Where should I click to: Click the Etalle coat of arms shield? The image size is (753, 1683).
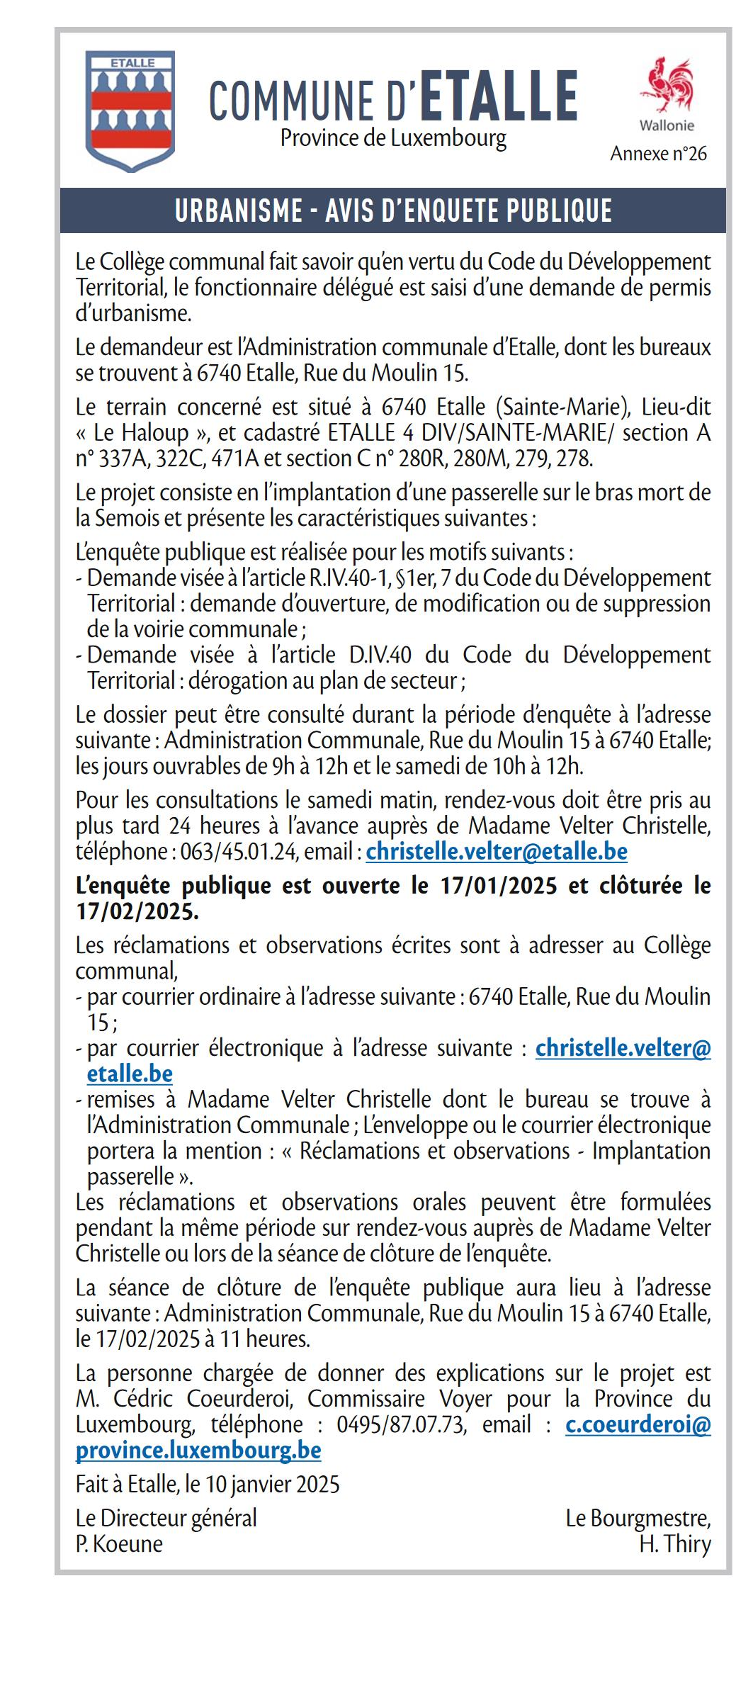[x=130, y=110]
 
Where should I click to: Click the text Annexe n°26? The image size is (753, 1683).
[x=658, y=154]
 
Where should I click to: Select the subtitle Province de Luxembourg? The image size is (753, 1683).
[x=393, y=137]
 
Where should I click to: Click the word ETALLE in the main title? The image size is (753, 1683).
[x=499, y=96]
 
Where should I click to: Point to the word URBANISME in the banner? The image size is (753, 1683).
[x=239, y=210]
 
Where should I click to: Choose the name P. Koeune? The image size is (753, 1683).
[x=119, y=1543]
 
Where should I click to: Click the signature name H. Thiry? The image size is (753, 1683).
[x=674, y=1543]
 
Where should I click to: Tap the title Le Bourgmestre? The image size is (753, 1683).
[x=638, y=1518]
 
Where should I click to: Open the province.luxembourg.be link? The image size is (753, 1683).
[x=198, y=1450]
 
